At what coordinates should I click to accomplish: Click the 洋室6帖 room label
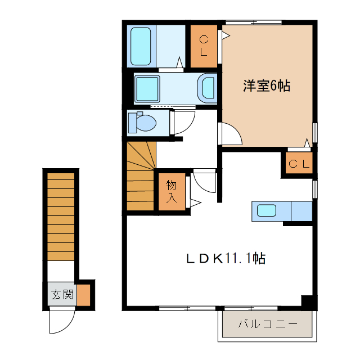[x=267, y=86]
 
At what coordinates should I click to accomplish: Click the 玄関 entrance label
[x=62, y=294]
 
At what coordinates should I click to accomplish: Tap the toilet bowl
[x=144, y=123]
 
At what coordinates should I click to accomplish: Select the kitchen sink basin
[x=267, y=211]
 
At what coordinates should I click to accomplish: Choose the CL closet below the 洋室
[x=298, y=164]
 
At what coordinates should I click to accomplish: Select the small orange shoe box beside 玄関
[x=84, y=295]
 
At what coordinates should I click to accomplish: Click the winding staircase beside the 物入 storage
[x=140, y=175]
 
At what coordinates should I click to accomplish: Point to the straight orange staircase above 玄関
[x=61, y=216]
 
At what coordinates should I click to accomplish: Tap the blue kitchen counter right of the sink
[x=301, y=211]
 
